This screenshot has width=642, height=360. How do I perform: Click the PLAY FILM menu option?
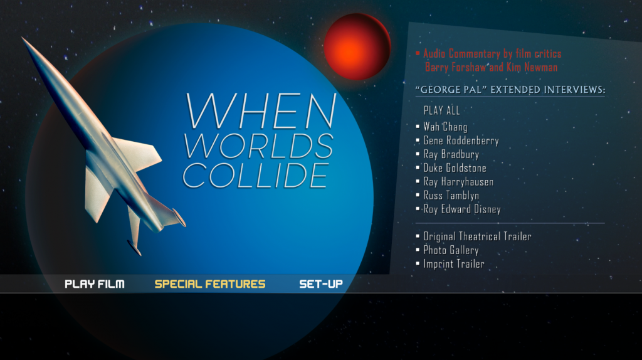(95, 284)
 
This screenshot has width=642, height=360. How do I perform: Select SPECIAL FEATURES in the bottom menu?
(210, 284)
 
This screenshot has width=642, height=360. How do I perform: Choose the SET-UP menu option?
(321, 284)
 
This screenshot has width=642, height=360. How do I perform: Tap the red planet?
(357, 46)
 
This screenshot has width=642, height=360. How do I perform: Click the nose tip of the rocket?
(22, 38)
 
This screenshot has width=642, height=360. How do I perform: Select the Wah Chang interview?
(445, 127)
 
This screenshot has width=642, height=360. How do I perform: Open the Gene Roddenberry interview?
(461, 140)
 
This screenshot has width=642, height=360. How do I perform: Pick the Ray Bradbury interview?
(451, 154)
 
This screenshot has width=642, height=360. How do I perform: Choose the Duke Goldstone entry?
(455, 168)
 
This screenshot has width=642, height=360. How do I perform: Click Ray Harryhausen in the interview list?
(458, 182)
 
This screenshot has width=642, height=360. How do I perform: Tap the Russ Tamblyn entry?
(451, 195)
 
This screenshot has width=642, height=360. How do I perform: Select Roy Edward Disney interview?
(462, 209)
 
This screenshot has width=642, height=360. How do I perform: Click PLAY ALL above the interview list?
(441, 110)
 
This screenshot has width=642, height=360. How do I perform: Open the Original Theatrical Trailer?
(477, 236)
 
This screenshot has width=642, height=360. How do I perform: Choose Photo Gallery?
(451, 250)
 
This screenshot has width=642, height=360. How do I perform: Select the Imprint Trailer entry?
(454, 264)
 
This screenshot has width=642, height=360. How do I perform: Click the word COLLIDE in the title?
(255, 176)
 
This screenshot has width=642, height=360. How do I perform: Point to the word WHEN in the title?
(260, 110)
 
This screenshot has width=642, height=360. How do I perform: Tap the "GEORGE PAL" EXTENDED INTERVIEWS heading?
(510, 90)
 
